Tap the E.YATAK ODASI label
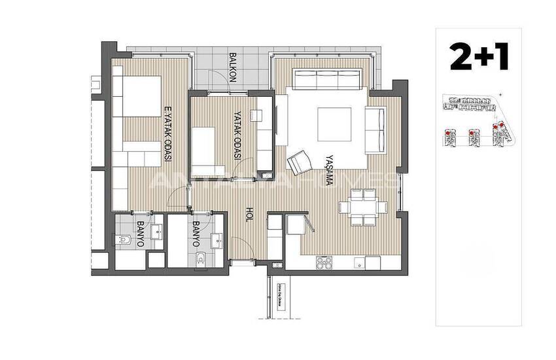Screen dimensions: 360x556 click(167, 135)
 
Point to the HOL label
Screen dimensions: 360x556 click(249, 215)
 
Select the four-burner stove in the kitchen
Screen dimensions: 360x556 click(325, 263)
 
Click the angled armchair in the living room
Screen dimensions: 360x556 click(300, 162)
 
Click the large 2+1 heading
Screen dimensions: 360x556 click(479, 57)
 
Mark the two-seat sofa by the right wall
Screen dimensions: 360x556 click(375, 129)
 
